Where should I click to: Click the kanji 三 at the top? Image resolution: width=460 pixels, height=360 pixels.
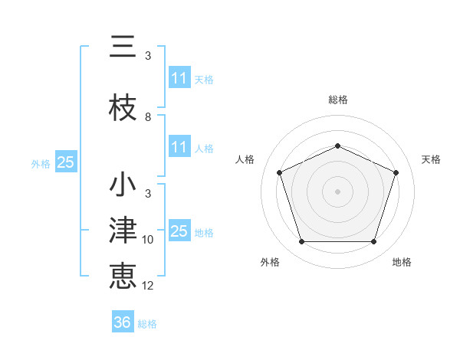(x=123, y=47)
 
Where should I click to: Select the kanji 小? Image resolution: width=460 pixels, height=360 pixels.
(x=123, y=185)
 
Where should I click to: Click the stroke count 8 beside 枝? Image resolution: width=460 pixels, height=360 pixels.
(x=148, y=117)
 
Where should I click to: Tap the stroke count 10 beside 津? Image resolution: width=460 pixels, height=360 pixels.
(x=148, y=240)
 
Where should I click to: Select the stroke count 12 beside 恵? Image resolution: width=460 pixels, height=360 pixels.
(x=148, y=286)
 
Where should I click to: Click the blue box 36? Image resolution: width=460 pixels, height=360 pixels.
(x=123, y=322)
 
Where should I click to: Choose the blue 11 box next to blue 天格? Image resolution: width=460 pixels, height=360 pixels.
(x=179, y=78)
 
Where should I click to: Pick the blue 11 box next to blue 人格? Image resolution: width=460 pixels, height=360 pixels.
(x=179, y=147)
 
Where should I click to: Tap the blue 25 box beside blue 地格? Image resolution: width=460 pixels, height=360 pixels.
(x=179, y=231)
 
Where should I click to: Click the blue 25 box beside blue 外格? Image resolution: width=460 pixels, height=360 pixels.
(x=66, y=162)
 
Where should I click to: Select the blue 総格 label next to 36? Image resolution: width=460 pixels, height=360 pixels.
(x=147, y=324)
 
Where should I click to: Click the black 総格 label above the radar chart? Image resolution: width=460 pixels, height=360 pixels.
(x=338, y=100)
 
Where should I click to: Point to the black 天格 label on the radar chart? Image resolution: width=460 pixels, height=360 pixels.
(x=432, y=159)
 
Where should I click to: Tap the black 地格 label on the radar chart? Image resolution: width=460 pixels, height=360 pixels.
(x=402, y=262)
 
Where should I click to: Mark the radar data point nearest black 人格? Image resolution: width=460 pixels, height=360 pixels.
(x=280, y=172)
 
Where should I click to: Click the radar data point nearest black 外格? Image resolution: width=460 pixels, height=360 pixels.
(x=301, y=242)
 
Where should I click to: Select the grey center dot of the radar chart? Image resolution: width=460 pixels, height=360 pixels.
(x=338, y=191)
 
